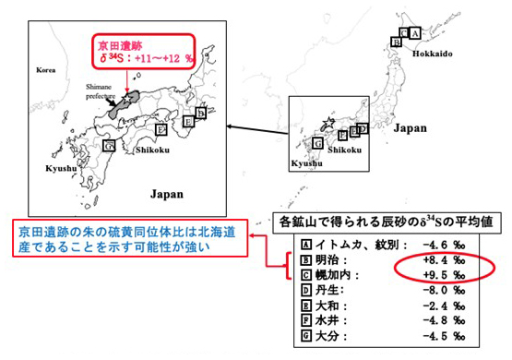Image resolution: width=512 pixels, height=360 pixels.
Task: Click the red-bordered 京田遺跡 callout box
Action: (x=143, y=51)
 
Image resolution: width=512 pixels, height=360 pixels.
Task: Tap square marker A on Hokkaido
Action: (x=414, y=32)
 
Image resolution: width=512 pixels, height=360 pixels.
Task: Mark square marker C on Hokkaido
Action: (x=396, y=41)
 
